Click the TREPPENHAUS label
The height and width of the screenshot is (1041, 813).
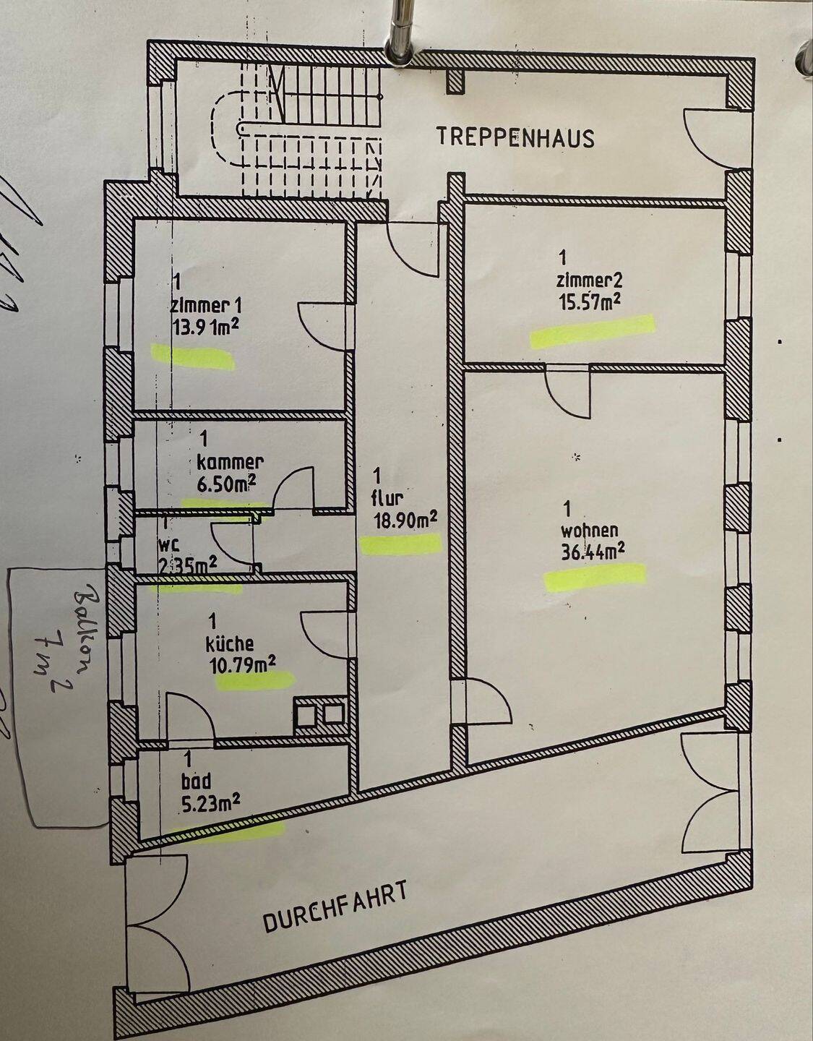[x=515, y=137]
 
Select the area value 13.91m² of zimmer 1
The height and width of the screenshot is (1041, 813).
[x=205, y=327]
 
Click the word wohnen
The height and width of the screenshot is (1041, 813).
[x=590, y=531]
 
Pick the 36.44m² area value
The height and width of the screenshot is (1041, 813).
[x=593, y=552]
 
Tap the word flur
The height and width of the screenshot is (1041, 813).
[x=387, y=497]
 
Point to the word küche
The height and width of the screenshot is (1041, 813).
[x=230, y=643]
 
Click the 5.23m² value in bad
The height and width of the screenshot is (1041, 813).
[x=212, y=800]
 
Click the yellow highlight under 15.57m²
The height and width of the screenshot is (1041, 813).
[x=592, y=330]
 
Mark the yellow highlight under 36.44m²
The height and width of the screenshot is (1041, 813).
[x=595, y=579]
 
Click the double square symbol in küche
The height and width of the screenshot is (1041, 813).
[x=321, y=714]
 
